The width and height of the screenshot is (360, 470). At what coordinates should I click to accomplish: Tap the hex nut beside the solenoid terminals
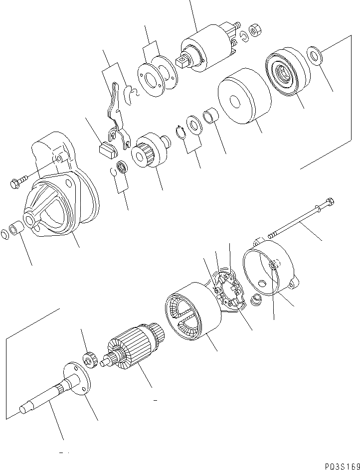(x=253, y=31)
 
